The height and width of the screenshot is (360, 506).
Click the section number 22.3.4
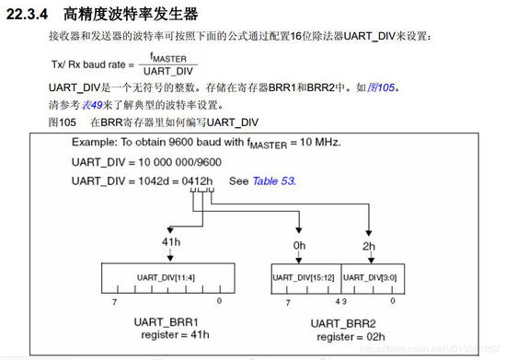click(29, 15)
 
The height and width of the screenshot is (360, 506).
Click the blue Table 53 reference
click(273, 180)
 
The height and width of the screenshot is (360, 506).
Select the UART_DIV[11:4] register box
click(167, 276)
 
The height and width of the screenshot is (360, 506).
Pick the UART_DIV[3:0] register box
click(370, 276)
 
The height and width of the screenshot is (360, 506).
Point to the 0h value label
click(299, 245)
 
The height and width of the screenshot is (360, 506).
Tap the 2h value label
click(370, 245)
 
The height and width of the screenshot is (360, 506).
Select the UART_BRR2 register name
click(343, 323)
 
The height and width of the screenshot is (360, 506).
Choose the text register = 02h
click(343, 337)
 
